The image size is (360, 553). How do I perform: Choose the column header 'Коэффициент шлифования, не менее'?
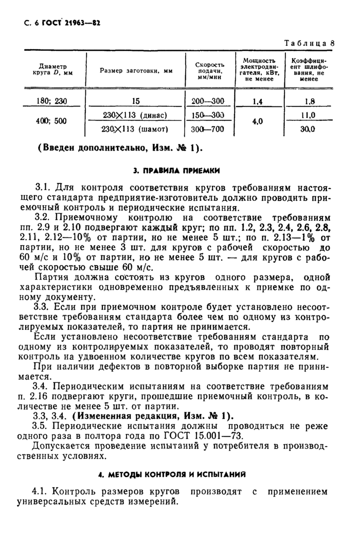[x=309, y=69]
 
